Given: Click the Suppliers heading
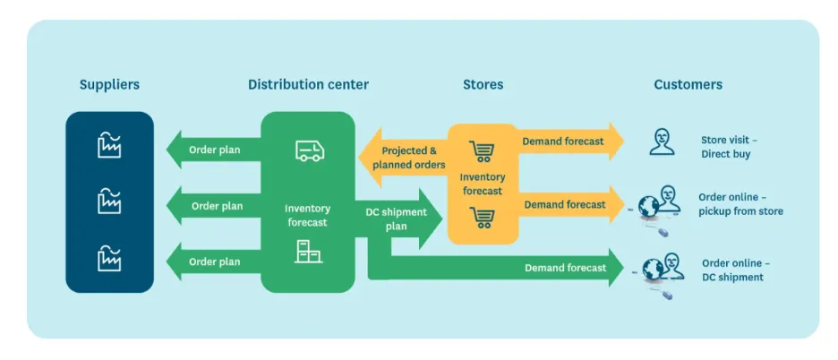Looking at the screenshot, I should [x=109, y=85].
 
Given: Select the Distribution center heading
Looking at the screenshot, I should [x=308, y=85].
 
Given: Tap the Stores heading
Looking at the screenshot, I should [x=483, y=85].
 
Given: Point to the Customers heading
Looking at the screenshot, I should [x=688, y=85].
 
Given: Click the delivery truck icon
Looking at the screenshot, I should [x=310, y=150].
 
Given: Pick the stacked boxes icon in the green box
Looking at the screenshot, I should [x=309, y=253].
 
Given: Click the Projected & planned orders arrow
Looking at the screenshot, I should [x=407, y=158].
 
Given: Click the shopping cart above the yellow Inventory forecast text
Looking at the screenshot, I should [x=483, y=152].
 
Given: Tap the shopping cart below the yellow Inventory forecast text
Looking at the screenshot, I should [x=483, y=217].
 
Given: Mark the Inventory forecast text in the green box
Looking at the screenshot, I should [x=307, y=216].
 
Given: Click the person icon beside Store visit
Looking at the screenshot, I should [x=662, y=141].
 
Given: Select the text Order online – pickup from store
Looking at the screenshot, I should [x=740, y=204].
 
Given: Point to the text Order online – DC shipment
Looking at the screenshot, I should [x=734, y=270].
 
